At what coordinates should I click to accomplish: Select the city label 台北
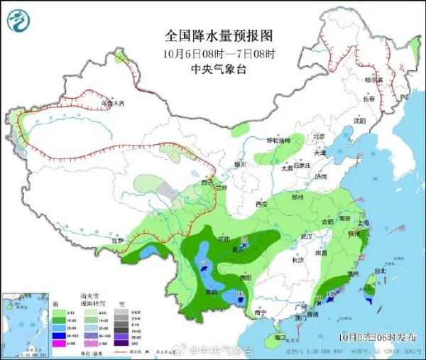[x=379, y=271]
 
